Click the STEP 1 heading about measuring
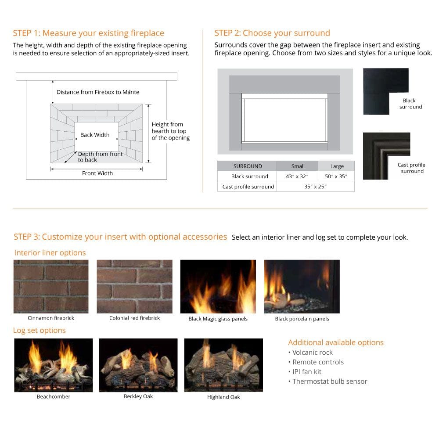pyautogui.click(x=88, y=33)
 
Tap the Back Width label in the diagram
pyautogui.click(x=95, y=135)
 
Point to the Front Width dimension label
pyautogui.click(x=97, y=173)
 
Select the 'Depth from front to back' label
pyautogui.click(x=100, y=157)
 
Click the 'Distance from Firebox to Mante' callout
pyautogui.click(x=97, y=92)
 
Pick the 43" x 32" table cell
pyautogui.click(x=298, y=176)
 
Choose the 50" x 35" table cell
pyautogui.click(x=336, y=176)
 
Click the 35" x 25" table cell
pyautogui.click(x=315, y=187)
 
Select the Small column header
pyautogui.click(x=298, y=166)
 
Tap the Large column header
pyautogui.click(x=336, y=166)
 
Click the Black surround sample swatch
pyautogui.click(x=385, y=91)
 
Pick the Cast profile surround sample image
pyautogui.click(x=386, y=156)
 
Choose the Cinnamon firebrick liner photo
pyautogui.click(x=51, y=286)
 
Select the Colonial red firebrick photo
pyautogui.click(x=134, y=286)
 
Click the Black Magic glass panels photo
pyautogui.click(x=218, y=286)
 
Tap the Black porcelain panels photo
pyautogui.click(x=302, y=286)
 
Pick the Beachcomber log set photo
pyautogui.click(x=54, y=365)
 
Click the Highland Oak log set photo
pyautogui.click(x=223, y=365)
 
